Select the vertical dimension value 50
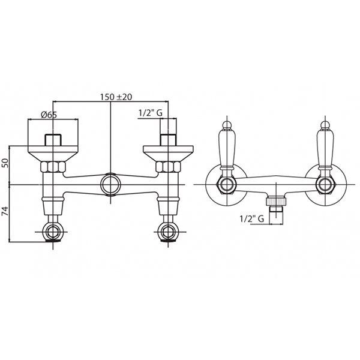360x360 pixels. coord(5,163)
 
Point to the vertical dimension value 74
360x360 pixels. coord(5,212)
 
